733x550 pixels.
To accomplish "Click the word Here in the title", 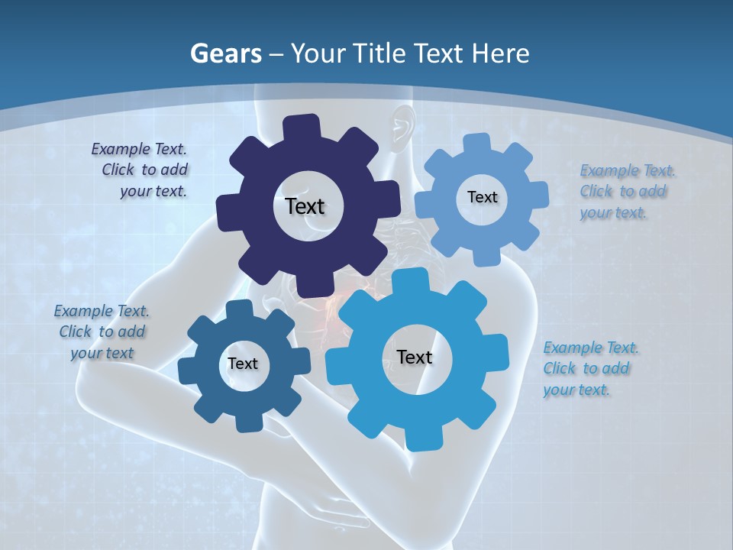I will pos(500,53).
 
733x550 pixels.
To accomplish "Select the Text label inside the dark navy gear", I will pos(305,206).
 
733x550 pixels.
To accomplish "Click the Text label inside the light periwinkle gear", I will pos(482,197).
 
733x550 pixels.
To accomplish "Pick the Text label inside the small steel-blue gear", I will pos(243,364).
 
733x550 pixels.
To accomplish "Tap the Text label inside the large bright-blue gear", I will pos(415,357).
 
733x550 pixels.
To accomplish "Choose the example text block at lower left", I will pos(102,332).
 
